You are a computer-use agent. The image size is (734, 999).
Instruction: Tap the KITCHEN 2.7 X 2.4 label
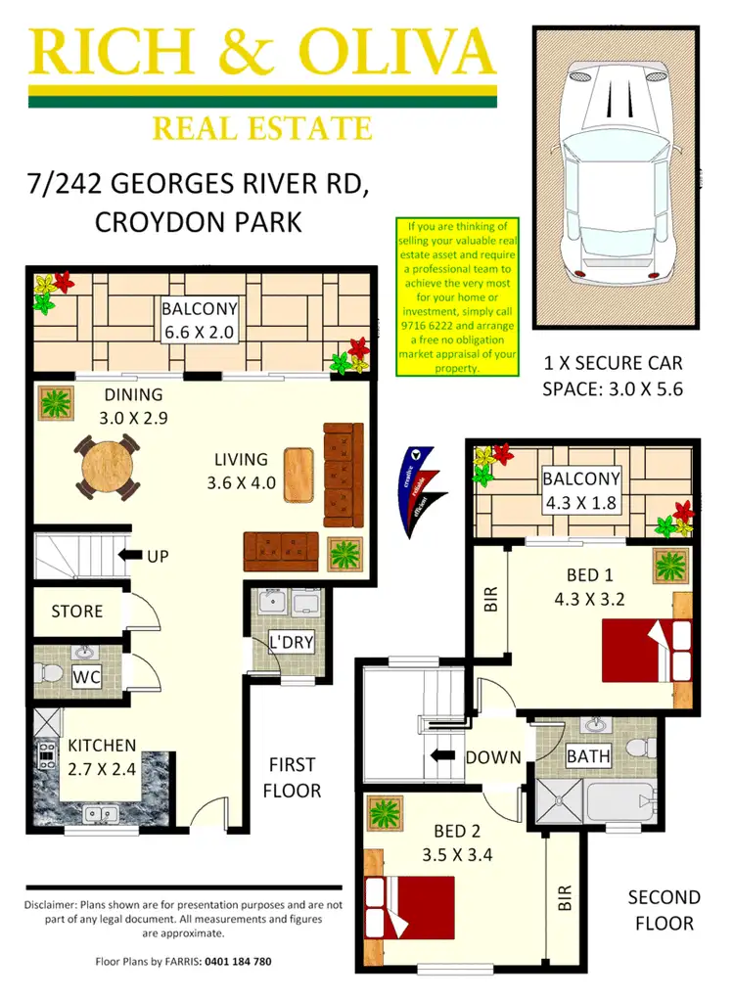pos(101,756)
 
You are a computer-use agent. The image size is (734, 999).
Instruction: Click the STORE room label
pos(76,611)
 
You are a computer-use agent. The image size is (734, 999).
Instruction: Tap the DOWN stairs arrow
pos(443,755)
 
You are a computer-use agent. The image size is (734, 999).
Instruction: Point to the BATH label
pos(588,755)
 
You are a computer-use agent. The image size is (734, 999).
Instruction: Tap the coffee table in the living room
pos(298,475)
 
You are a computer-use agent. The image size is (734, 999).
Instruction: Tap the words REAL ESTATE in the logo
pos(261,128)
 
